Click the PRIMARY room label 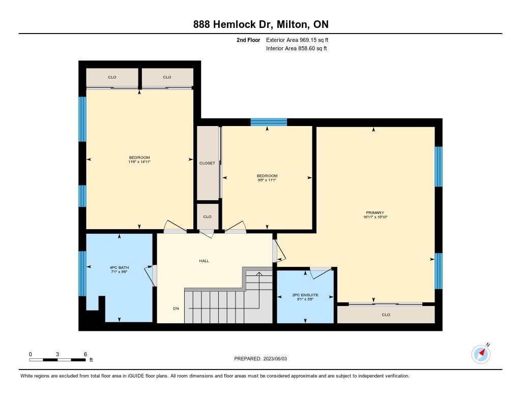pos(375,213)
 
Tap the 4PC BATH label pos(119,267)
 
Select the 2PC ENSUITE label pos(305,295)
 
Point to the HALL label pos(204,261)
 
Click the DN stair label pos(176,308)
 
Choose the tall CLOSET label pos(207,163)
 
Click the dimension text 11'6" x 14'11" pos(139,162)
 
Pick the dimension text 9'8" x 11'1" pos(267,180)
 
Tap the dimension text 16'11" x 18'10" pos(375,217)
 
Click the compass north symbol pos(481,354)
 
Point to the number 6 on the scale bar pos(85,354)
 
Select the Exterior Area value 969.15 pos(308,40)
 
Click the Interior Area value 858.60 pos(306,48)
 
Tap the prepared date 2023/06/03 pos(275,359)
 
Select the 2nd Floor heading pos(248,40)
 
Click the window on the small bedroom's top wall pos(269,122)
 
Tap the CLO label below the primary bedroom pos(386,315)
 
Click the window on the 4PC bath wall pos(82,273)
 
